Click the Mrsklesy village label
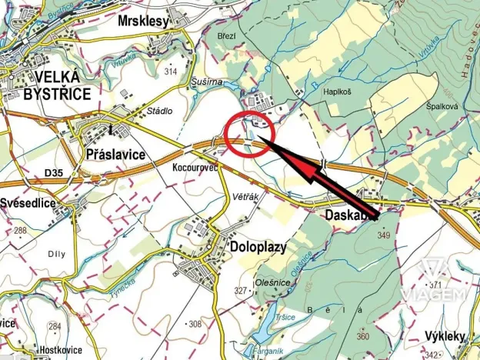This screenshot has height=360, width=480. tap(143, 22)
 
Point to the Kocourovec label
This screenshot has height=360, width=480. tap(195, 167)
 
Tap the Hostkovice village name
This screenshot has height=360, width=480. tap(29, 349)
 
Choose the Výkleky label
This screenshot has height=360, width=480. tap(446, 336)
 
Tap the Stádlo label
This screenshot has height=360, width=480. tap(160, 111)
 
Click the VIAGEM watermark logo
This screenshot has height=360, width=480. tap(444, 282)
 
